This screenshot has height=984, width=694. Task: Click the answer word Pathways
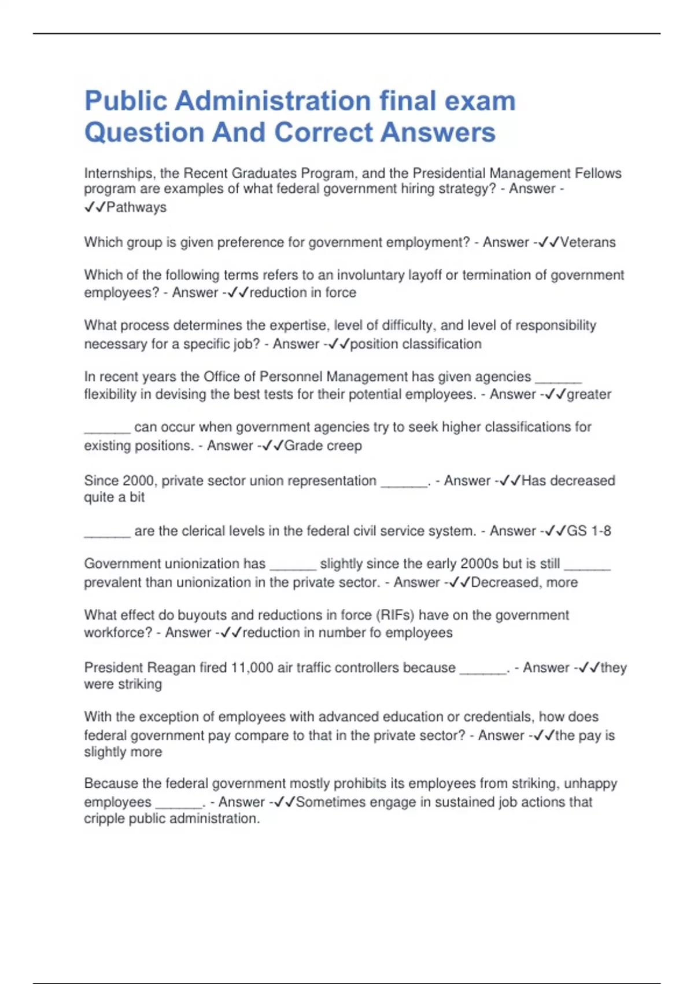pyautogui.click(x=136, y=207)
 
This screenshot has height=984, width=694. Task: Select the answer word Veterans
pyautogui.click(x=588, y=242)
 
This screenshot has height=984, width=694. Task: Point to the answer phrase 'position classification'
pyautogui.click(x=416, y=344)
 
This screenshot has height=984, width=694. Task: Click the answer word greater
pyautogui.click(x=589, y=394)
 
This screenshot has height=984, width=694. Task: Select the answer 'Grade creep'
pyautogui.click(x=323, y=446)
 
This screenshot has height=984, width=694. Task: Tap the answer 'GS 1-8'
pyautogui.click(x=589, y=531)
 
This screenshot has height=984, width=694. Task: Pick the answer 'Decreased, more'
pyautogui.click(x=524, y=582)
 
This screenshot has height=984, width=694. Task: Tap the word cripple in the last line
pyautogui.click(x=104, y=818)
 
